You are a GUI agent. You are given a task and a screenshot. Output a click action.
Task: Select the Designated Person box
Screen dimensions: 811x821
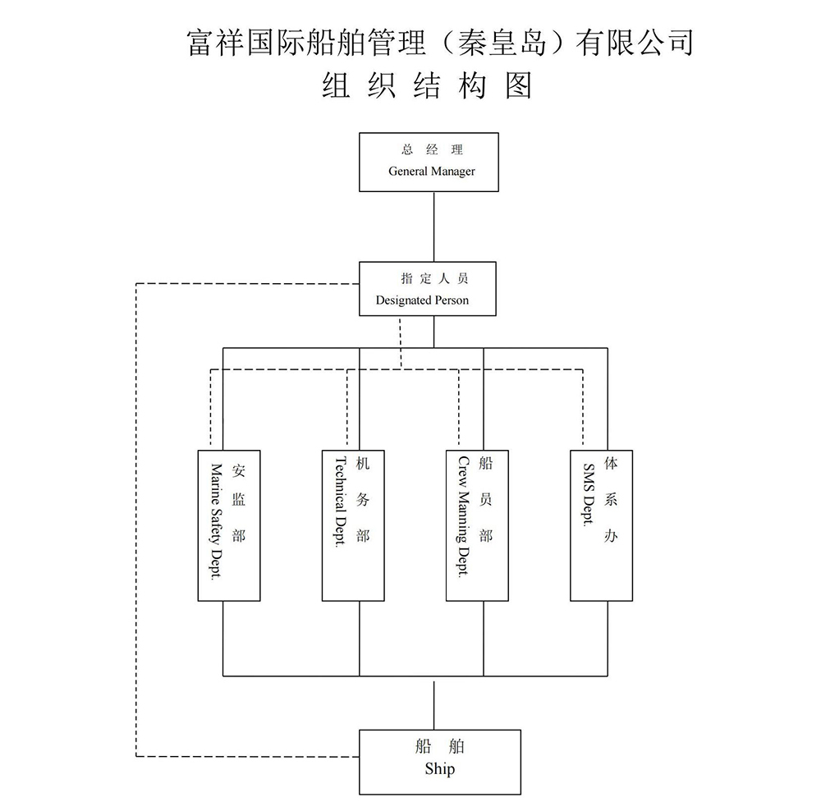428,289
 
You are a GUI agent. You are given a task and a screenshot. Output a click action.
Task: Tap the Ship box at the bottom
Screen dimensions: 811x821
440,762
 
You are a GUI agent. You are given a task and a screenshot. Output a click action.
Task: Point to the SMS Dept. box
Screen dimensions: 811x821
601,525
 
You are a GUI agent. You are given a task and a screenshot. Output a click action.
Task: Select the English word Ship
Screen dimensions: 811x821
439,770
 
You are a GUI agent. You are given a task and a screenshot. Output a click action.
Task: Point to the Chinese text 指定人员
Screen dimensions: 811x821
434,278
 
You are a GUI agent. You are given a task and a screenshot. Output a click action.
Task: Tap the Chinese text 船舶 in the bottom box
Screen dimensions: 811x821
440,747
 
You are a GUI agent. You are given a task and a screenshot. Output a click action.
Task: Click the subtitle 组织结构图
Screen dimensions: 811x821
427,85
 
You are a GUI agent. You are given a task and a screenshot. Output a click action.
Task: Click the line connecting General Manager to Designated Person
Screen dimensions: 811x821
433,227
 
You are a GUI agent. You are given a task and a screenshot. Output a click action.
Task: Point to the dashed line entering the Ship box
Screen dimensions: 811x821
246,756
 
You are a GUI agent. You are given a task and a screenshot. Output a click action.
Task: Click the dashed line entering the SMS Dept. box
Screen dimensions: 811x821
582,410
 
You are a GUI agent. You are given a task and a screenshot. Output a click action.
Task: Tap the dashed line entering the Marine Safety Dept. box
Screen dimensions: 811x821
211,410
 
